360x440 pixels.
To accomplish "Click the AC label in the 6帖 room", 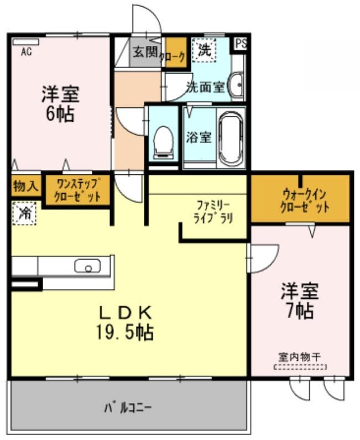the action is pos(26,51).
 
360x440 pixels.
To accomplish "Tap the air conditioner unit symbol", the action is pos(25,42).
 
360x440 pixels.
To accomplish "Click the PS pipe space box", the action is pos(241,44).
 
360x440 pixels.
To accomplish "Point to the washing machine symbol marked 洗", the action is pos(205,50).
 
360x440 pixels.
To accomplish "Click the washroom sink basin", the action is pos(236,84).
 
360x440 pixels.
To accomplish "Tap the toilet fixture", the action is pos(163,143).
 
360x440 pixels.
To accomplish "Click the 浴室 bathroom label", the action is pos(199,137).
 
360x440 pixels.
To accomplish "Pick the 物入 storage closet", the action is pos(26,185).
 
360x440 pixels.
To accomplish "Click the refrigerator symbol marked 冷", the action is pos(24,213).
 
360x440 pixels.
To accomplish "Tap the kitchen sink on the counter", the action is pos(87,266).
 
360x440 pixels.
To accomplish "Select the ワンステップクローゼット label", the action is pos(77,190).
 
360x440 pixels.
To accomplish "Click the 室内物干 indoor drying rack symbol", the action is pos(300,367).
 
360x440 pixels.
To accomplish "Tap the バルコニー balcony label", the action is pos(128,407).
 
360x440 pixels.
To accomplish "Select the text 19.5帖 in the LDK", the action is pos(125,332).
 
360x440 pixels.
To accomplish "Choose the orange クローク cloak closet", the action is pos(176,53).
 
